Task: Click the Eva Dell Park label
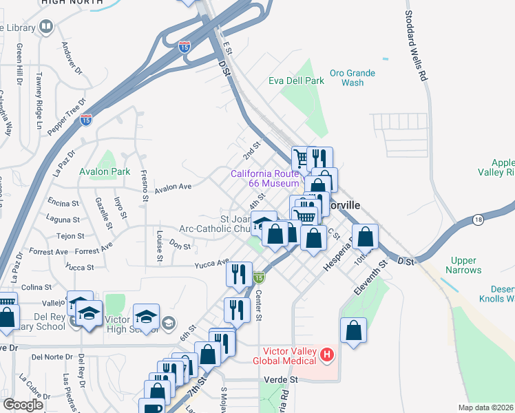click(296, 81)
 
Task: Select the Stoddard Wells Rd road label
click(416, 45)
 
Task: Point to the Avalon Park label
click(105, 171)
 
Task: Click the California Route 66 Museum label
click(265, 178)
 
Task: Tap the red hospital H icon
click(327, 355)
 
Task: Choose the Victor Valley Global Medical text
click(284, 356)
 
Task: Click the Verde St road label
click(280, 379)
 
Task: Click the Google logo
click(23, 405)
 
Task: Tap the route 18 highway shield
click(479, 219)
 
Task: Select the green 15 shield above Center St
click(258, 277)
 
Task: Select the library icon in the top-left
click(47, 28)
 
